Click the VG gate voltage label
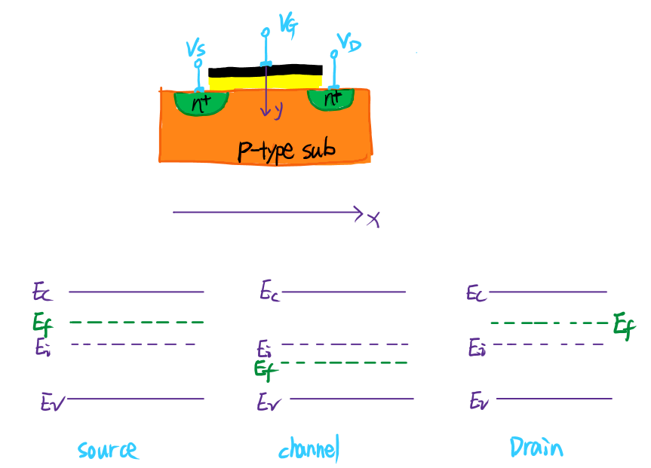point(289,25)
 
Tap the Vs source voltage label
point(195,49)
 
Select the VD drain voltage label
point(349,43)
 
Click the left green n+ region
point(201,103)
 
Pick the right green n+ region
point(331,99)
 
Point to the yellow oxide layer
point(266,82)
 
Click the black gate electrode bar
point(266,71)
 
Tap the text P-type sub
point(286,151)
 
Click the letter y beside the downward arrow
point(278,110)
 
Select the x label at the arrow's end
point(373,219)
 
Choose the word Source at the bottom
point(108,450)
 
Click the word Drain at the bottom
point(536,447)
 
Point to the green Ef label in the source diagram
point(43,324)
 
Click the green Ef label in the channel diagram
point(266,370)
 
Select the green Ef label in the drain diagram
point(625,326)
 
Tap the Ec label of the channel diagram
point(270,290)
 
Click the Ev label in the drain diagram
point(479,401)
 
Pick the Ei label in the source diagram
point(43,347)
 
